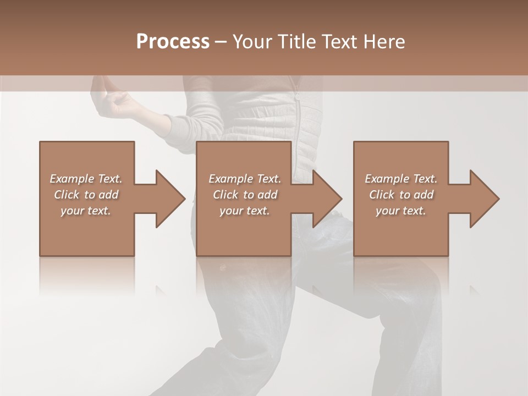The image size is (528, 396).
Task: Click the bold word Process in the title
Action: tap(173, 42)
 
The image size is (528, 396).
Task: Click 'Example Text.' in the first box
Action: tap(86, 179)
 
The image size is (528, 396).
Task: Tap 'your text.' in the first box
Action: tap(86, 211)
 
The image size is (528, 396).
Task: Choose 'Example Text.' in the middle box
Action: tap(245, 179)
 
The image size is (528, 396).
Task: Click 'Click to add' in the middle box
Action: tap(245, 195)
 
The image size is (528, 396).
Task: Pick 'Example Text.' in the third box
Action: tap(401, 179)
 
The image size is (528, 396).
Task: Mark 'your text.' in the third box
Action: tap(401, 211)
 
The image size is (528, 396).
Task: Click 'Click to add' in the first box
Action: tap(86, 195)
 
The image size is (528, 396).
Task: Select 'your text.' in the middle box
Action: tap(245, 211)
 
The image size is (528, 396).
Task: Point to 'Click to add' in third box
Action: tap(401, 195)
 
